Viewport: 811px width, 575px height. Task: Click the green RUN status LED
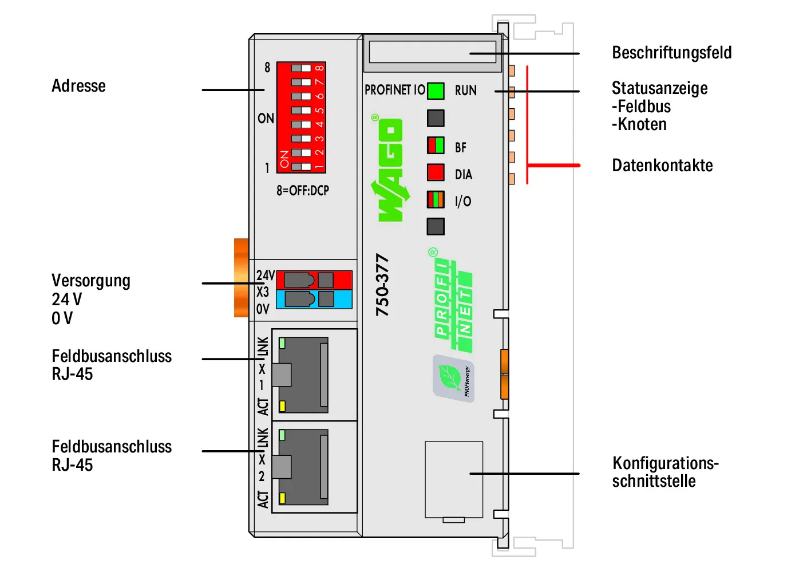pyautogui.click(x=436, y=91)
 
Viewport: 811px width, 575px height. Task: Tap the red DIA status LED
pyautogui.click(x=436, y=172)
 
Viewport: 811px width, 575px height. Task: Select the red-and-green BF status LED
pyautogui.click(x=436, y=145)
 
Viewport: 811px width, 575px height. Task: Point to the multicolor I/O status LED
pyautogui.click(x=436, y=200)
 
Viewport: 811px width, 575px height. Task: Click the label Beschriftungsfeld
pyautogui.click(x=671, y=53)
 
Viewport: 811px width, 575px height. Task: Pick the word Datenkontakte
pyautogui.click(x=662, y=165)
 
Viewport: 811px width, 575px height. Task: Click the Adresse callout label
pyautogui.click(x=78, y=86)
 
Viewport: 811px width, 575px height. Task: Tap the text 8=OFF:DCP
pyautogui.click(x=303, y=190)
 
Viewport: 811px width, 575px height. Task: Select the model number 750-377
pyautogui.click(x=382, y=285)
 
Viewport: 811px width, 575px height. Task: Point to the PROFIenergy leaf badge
pyautogui.click(x=453, y=378)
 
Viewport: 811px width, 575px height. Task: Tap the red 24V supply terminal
pyautogui.click(x=314, y=280)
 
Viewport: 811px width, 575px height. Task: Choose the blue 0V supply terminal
pyautogui.click(x=314, y=300)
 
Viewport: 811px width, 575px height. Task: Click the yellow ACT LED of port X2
pyautogui.click(x=282, y=498)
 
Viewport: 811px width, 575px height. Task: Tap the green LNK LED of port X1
pyautogui.click(x=282, y=343)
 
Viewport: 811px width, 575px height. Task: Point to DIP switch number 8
pyautogui.click(x=301, y=68)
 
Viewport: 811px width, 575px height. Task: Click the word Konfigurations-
pyautogui.click(x=666, y=463)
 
